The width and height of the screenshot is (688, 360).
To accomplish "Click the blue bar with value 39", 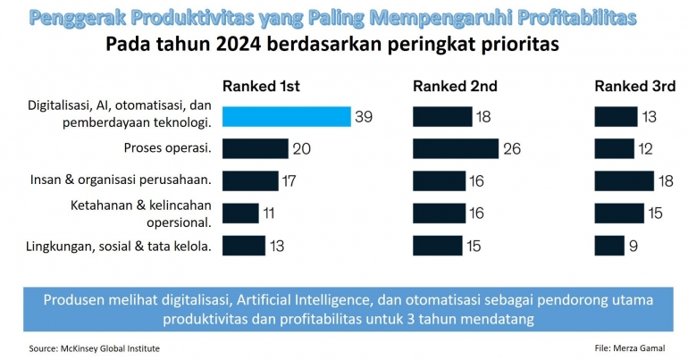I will click(286, 117).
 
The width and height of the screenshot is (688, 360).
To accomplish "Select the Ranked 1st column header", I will click(261, 87).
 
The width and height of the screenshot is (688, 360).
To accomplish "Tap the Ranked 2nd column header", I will click(455, 87).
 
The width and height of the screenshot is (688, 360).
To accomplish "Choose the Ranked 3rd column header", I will click(634, 87).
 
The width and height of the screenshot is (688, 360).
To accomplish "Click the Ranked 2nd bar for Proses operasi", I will click(456, 148).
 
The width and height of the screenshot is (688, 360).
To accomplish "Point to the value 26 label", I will click(512, 149).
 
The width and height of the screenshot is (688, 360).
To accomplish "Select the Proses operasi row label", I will click(166, 147).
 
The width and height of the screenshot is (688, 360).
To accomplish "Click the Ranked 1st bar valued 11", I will click(240, 213).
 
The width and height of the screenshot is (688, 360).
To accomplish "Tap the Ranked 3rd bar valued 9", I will click(609, 246).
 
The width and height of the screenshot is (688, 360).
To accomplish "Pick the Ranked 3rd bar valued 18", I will click(625, 181).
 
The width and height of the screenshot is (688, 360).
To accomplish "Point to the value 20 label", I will click(302, 149).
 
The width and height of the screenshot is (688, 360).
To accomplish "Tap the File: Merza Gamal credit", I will click(630, 346).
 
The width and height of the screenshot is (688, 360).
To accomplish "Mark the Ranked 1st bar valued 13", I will click(244, 246).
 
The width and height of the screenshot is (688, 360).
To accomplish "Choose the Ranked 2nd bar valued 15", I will click(438, 246).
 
